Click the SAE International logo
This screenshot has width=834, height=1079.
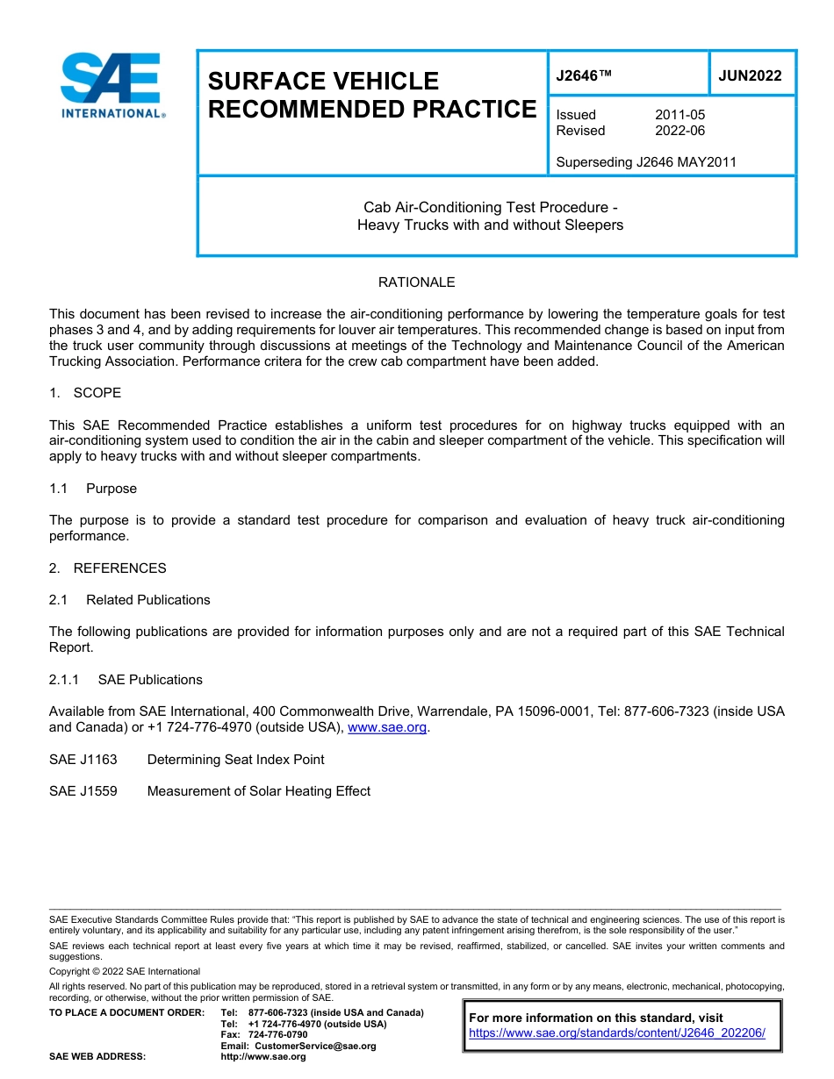[112, 85]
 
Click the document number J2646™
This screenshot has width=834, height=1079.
[584, 76]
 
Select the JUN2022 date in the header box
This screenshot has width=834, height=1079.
[750, 76]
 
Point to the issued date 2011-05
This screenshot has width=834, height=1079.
[679, 115]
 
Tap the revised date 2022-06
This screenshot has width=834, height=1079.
[679, 131]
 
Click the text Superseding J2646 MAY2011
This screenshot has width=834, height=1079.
[646, 162]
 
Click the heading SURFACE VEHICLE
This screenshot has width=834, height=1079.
[323, 82]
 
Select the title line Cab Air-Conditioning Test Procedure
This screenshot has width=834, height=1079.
[491, 208]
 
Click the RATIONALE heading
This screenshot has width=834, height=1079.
[416, 282]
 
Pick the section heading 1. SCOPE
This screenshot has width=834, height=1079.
[85, 393]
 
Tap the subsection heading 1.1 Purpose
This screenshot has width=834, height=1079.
[93, 489]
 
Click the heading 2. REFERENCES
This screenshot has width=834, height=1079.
[107, 568]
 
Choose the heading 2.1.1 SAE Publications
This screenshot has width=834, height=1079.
[126, 680]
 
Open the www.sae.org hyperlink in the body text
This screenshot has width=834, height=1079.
[387, 728]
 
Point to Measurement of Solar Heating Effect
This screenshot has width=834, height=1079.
[258, 791]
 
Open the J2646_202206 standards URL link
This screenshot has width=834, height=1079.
[617, 1033]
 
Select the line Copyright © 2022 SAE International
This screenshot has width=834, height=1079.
[125, 972]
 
